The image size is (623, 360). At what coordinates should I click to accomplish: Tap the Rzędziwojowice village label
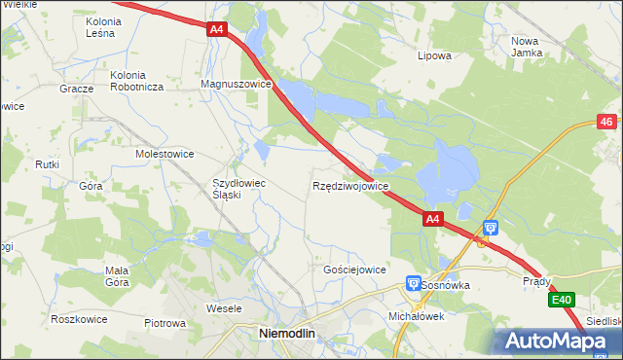(x=350, y=185)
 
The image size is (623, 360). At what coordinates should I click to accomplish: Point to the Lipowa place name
(x=434, y=55)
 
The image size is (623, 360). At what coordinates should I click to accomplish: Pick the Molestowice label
(x=165, y=154)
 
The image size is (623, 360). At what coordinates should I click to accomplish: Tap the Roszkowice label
(x=51, y=317)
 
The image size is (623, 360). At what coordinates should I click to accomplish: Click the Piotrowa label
(x=165, y=323)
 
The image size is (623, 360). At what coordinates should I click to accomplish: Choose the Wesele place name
(x=224, y=308)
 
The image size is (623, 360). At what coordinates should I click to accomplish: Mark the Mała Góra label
(x=117, y=276)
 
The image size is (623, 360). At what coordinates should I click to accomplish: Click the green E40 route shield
(x=561, y=300)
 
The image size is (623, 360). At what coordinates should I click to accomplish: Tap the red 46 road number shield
(x=606, y=122)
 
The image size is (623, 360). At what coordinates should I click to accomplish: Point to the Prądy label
(x=536, y=282)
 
